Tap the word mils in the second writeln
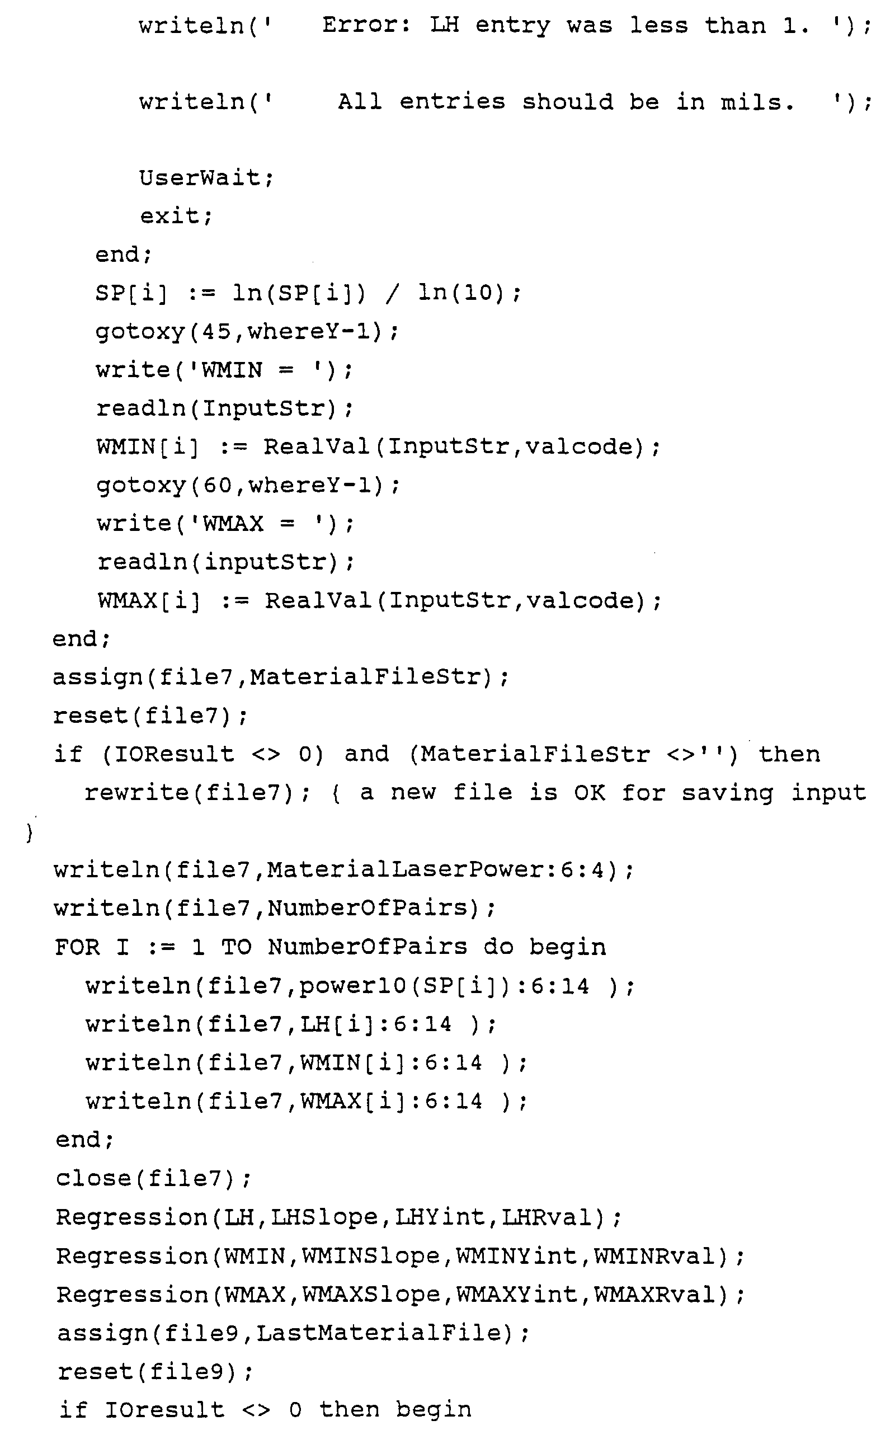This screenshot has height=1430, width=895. [756, 102]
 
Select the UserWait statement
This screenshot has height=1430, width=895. [205, 177]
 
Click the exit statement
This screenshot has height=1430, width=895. [175, 215]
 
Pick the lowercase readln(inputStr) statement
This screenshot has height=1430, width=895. [225, 562]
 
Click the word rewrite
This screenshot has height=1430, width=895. [138, 793]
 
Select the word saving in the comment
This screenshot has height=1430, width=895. [727, 793]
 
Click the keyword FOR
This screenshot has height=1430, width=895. [77, 947]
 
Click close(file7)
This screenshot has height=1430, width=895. [153, 1178]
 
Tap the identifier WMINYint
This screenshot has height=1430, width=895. [516, 1255]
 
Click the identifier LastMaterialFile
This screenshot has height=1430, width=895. [379, 1332]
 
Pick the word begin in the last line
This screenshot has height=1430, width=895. [434, 1409]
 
